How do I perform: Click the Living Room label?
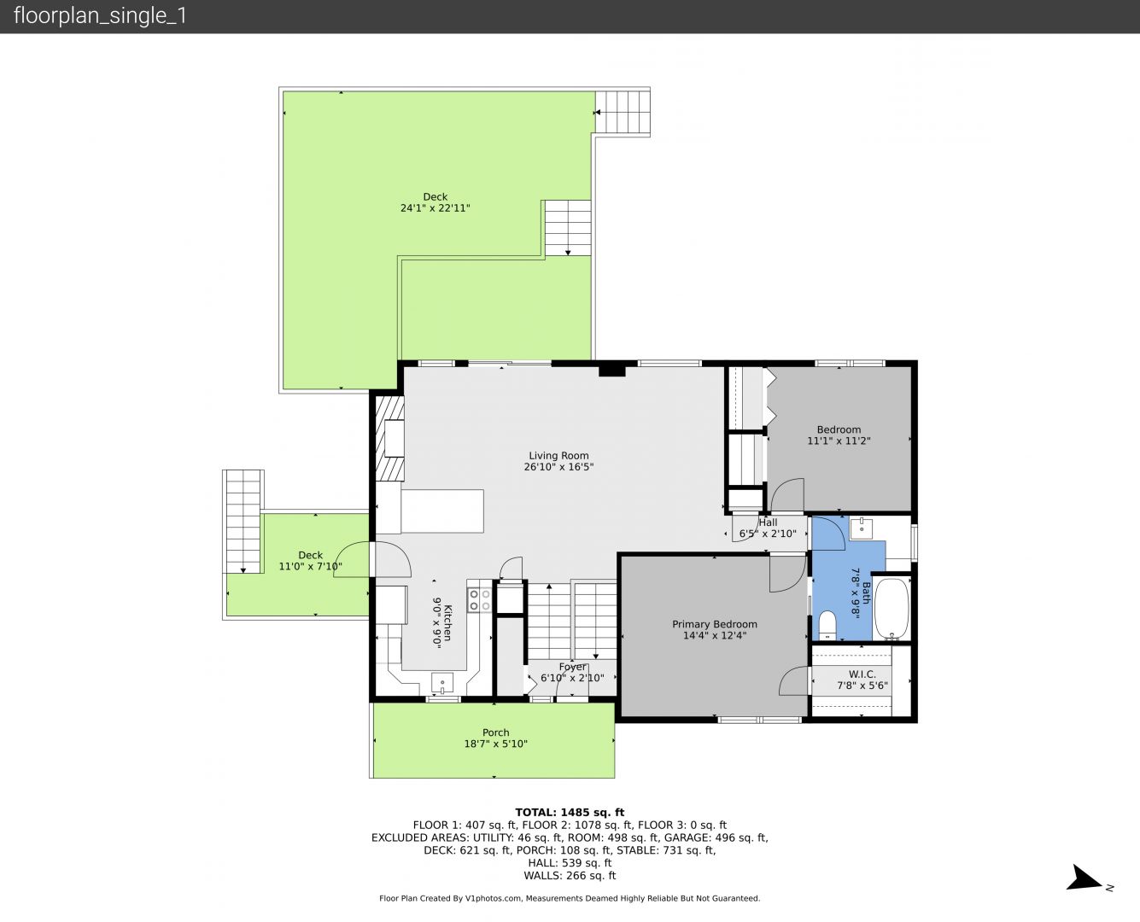pyautogui.click(x=558, y=455)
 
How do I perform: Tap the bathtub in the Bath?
pyautogui.click(x=892, y=608)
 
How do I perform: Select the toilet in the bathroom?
pyautogui.click(x=827, y=625)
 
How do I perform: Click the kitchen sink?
pyautogui.click(x=442, y=683)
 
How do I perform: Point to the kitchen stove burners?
pyautogui.click(x=480, y=600)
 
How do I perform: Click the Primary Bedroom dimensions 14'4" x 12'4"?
pyautogui.click(x=715, y=635)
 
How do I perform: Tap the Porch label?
pyautogui.click(x=495, y=732)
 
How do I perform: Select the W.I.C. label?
pyautogui.click(x=862, y=674)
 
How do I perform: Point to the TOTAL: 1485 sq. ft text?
pyautogui.click(x=570, y=812)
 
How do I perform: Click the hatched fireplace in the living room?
pyautogui.click(x=389, y=438)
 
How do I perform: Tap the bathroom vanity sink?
pyautogui.click(x=861, y=528)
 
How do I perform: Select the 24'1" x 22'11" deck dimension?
pyautogui.click(x=436, y=208)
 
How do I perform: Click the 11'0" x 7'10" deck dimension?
pyautogui.click(x=311, y=566)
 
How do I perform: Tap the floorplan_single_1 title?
pyautogui.click(x=100, y=16)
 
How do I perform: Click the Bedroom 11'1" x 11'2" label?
pyautogui.click(x=839, y=435)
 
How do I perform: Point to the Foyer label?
pyautogui.click(x=572, y=667)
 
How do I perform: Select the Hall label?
pyautogui.click(x=768, y=522)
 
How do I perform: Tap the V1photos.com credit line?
pyautogui.click(x=570, y=898)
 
